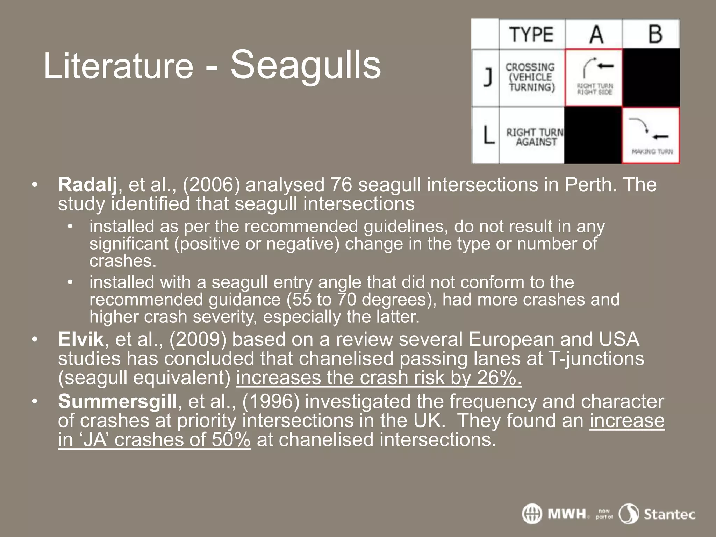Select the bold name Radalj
coord(88,185)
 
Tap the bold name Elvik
coord(81,339)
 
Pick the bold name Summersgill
coord(117,401)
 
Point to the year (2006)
coord(212,185)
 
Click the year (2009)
coord(198,339)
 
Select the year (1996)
coord(271,401)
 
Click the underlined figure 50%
coord(231,440)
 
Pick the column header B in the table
coord(655,34)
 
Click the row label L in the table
coord(488,135)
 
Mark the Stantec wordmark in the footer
coord(670,515)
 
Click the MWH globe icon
coord(532,514)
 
